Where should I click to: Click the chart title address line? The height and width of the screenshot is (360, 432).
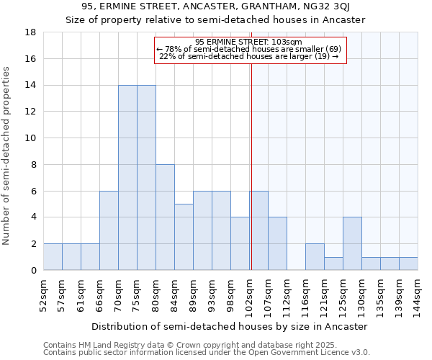(x=215, y=7)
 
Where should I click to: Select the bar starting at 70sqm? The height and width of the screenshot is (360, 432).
(x=127, y=178)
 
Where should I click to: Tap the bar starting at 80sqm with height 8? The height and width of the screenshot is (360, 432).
(x=165, y=217)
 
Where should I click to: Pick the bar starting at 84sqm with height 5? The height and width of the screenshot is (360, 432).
(x=184, y=237)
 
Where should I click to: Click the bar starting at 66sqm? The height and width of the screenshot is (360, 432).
(x=109, y=230)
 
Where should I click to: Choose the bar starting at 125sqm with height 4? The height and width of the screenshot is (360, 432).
(x=352, y=243)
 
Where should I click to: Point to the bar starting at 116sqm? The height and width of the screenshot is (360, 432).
(x=315, y=257)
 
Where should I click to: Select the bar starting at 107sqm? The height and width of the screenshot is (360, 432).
(x=277, y=243)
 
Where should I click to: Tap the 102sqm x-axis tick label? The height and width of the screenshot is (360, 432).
(x=250, y=293)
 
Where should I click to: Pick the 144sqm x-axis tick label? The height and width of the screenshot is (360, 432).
(x=418, y=293)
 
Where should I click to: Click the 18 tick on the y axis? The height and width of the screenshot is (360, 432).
(x=30, y=32)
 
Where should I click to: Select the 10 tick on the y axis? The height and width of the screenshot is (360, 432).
(x=30, y=138)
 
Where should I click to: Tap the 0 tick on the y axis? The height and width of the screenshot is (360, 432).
(x=33, y=270)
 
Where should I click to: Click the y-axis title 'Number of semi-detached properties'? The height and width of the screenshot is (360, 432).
(x=7, y=156)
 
